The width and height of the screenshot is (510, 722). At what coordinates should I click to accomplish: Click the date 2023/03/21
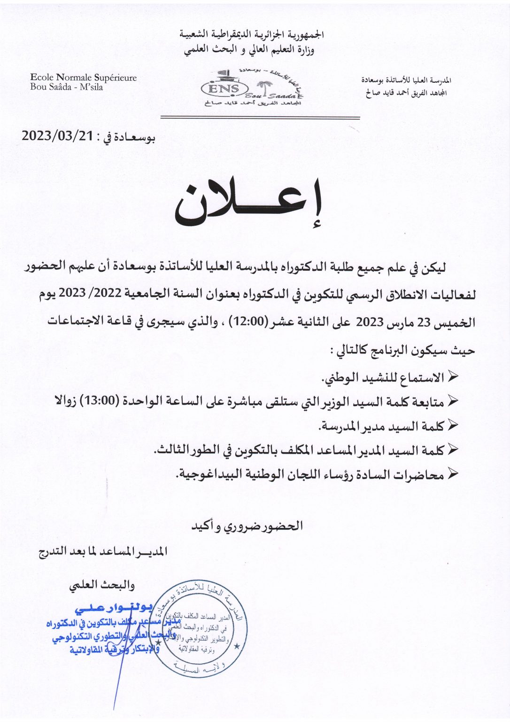tap(57, 136)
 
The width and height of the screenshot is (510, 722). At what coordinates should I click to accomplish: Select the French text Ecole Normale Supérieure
tap(83, 78)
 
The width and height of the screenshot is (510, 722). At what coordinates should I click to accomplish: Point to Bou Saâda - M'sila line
tap(67, 87)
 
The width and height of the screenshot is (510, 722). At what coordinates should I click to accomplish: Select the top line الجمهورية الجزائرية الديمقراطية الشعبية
tap(252, 35)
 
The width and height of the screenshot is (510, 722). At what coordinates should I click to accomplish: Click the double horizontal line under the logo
tap(260, 118)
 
